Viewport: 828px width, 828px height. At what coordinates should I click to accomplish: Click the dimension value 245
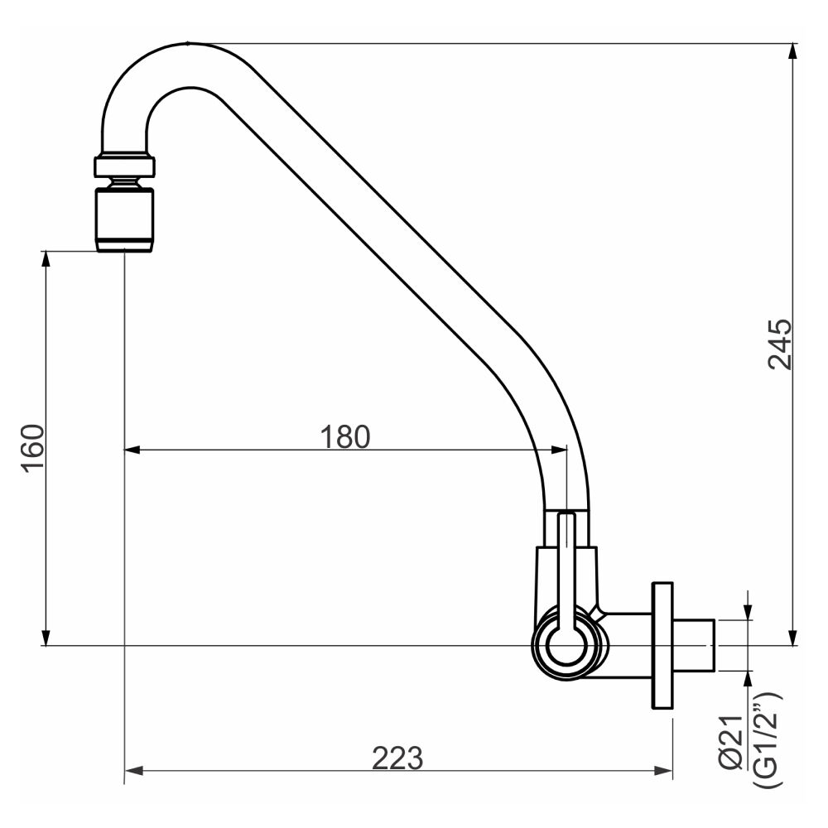pyautogui.click(x=780, y=344)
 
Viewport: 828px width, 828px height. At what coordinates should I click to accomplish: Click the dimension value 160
pyautogui.click(x=34, y=448)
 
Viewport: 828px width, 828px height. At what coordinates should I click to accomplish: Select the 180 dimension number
pyautogui.click(x=345, y=436)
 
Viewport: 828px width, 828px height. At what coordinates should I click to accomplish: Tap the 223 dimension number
pyautogui.click(x=397, y=758)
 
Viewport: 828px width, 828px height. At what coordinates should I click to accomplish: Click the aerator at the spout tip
pyautogui.click(x=124, y=219)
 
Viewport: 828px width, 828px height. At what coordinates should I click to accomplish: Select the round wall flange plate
pyautogui.click(x=662, y=646)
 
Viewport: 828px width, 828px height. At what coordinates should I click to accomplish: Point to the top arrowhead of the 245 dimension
pyautogui.click(x=794, y=51)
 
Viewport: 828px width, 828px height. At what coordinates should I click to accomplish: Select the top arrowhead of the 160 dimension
pyautogui.click(x=46, y=258)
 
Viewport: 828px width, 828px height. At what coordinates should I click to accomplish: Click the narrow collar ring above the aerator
pyautogui.click(x=124, y=166)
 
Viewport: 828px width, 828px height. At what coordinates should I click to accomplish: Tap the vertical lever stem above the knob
pyautogui.click(x=566, y=563)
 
